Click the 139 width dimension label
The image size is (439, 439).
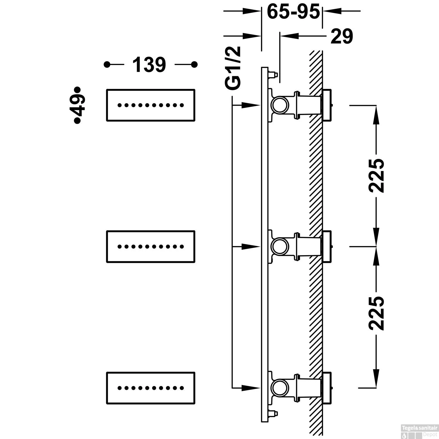tap(149, 65)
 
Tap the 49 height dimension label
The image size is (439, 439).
tap(77, 105)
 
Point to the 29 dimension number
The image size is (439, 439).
tap(342, 36)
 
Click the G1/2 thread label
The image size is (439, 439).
tap(233, 67)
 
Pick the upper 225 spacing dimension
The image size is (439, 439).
tap(376, 176)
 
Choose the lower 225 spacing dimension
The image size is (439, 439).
tap(376, 313)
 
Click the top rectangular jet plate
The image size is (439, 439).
tap(150, 105)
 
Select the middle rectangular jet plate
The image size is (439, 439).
tap(150, 247)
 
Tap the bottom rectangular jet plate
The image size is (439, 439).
tap(150, 388)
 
